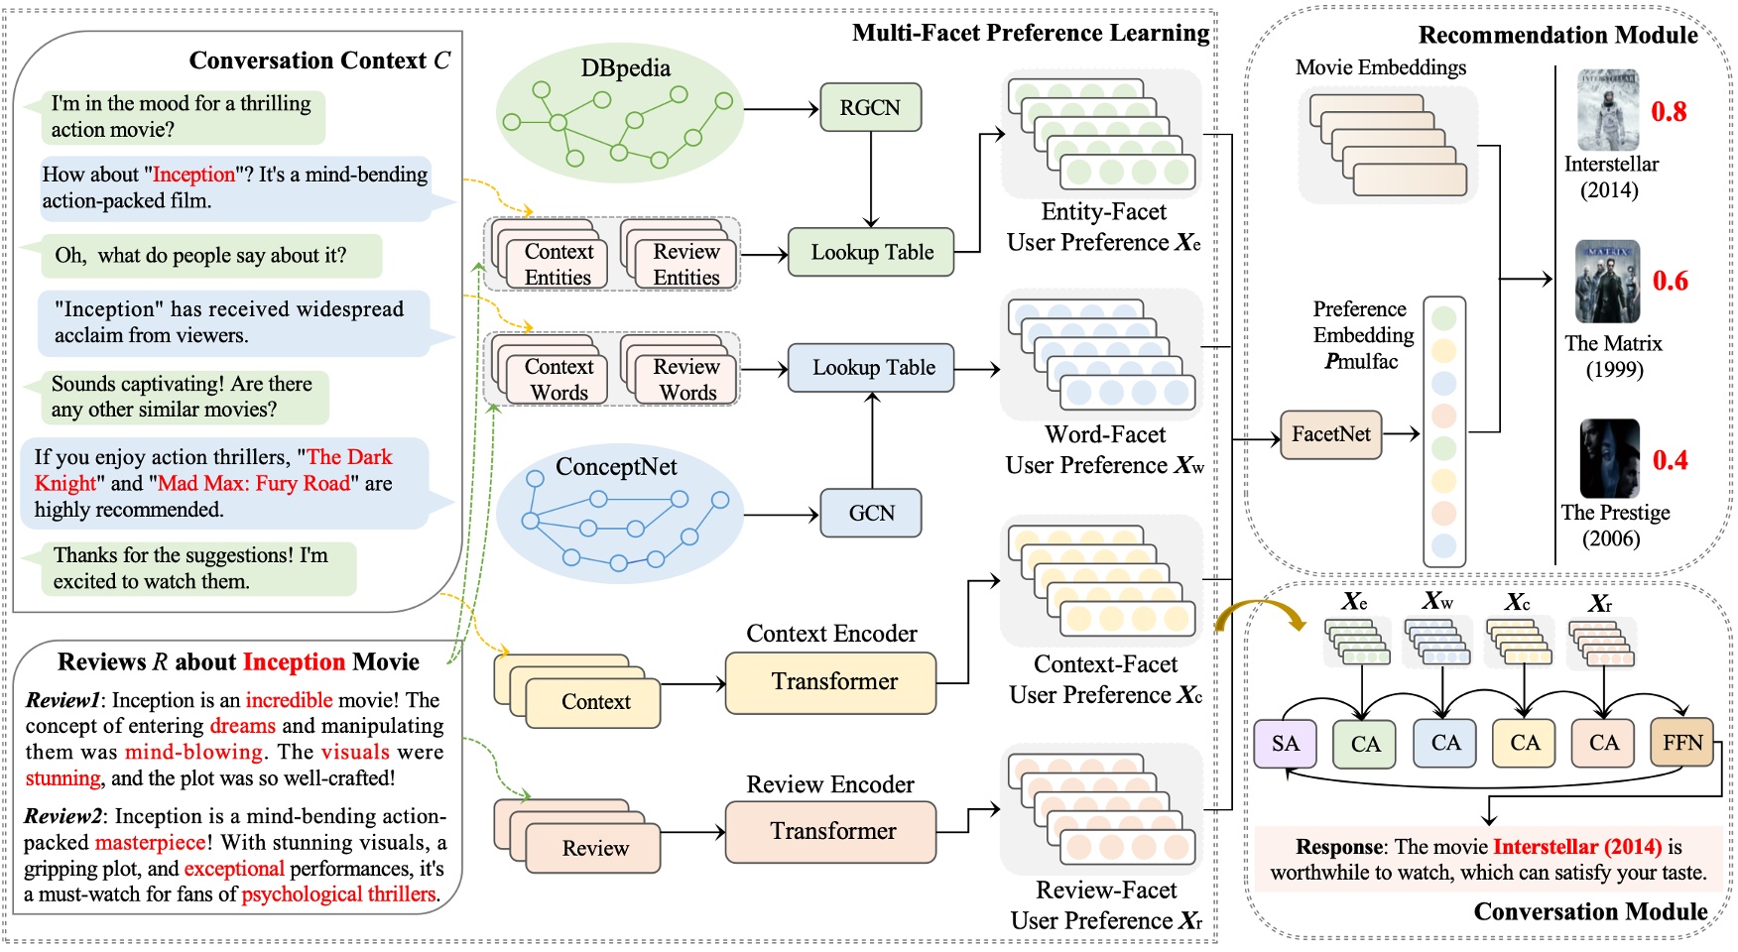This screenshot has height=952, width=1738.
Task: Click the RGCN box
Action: [x=870, y=107]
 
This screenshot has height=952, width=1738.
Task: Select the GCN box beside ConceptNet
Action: [x=871, y=513]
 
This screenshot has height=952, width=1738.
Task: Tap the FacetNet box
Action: [x=1330, y=434]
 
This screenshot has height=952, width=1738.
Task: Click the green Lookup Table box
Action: [x=871, y=252]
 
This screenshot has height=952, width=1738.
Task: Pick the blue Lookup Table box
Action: [x=872, y=368]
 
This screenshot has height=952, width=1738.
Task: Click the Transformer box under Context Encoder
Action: [x=831, y=682]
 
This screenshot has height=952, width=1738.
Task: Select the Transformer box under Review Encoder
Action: [x=831, y=831]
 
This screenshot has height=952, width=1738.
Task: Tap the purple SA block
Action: [x=1285, y=744]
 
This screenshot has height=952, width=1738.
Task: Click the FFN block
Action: [x=1682, y=743]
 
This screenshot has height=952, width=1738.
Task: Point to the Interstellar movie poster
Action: [x=1608, y=110]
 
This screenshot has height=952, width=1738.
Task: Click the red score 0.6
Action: [x=1670, y=282]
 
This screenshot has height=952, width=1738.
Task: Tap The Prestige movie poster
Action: [x=1609, y=458]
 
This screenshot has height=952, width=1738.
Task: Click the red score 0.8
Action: [x=1669, y=112]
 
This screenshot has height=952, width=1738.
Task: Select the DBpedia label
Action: [x=625, y=68]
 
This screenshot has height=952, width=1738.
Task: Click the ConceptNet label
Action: [x=616, y=467]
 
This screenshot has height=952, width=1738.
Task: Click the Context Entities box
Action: [x=559, y=265]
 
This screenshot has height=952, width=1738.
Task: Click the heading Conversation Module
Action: [x=1590, y=911]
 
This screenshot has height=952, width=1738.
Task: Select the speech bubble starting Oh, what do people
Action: [x=201, y=256]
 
